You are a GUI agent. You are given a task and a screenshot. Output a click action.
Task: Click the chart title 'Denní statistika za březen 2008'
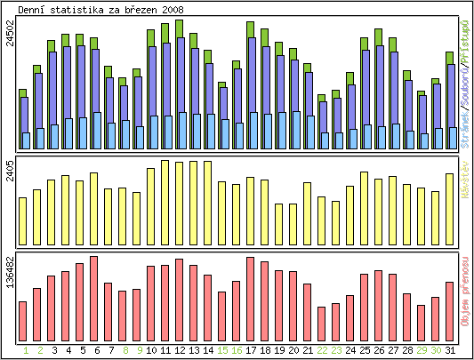pyautogui.click(x=101, y=9)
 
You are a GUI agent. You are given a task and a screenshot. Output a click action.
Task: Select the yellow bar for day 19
pyautogui.click(x=279, y=224)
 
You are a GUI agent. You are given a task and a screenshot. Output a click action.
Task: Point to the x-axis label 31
pyautogui.click(x=450, y=350)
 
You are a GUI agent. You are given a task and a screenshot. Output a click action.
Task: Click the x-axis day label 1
pyautogui.click(x=23, y=350)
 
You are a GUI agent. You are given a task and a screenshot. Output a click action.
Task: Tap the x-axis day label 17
pyautogui.click(x=251, y=350)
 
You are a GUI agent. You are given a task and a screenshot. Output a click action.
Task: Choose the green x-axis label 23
pyautogui.click(x=336, y=350)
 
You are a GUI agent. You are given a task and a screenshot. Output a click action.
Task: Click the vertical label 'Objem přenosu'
pyautogui.click(x=465, y=290)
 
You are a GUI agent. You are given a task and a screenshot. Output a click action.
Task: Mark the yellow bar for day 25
pyautogui.click(x=364, y=208)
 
